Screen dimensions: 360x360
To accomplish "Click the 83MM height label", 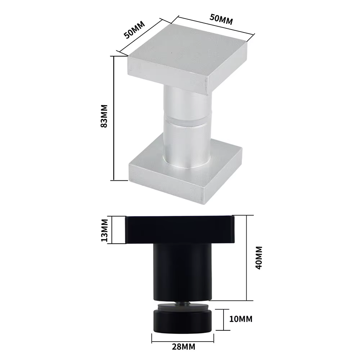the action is [104, 116].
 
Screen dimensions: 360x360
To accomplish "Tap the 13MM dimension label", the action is [104, 230].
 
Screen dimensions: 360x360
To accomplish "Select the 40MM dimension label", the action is [259, 258].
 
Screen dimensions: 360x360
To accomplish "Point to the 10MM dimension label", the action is [241, 319].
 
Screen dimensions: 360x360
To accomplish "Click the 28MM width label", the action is [184, 346].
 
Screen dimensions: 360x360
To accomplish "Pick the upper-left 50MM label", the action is [134, 30].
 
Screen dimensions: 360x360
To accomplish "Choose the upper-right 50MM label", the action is [221, 19].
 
